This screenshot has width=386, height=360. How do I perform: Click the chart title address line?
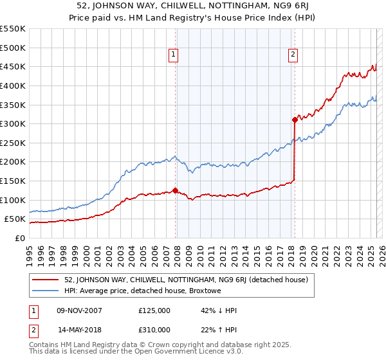coord(193,6)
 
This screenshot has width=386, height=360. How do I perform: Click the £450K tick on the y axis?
coord(13,66)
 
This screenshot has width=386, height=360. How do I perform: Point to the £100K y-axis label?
coord(13,200)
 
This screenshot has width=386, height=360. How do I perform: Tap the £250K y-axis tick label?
coord(13,143)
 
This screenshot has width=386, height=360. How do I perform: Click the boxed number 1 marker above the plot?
coord(174,55)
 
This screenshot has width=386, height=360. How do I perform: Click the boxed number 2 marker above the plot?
coord(293,55)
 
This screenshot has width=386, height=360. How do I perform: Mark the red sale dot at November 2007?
coord(175,190)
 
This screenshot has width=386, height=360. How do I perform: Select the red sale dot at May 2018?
coord(295,120)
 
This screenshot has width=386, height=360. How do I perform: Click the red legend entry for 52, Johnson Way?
coord(186,280)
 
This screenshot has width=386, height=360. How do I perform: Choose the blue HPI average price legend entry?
coord(142,291)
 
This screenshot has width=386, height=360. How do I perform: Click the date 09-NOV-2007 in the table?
coord(80,310)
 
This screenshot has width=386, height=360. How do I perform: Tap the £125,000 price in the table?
coord(154,310)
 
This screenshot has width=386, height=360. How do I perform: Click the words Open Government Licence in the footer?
coord(194,353)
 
